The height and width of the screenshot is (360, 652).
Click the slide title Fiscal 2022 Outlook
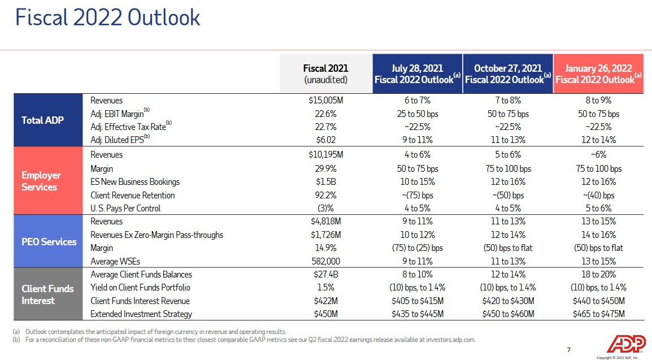click(x=108, y=18)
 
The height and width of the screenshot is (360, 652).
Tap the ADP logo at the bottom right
click(x=625, y=344)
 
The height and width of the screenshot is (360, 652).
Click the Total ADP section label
click(x=42, y=120)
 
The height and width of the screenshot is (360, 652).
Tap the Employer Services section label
click(x=41, y=181)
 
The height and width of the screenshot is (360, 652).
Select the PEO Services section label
click(x=49, y=241)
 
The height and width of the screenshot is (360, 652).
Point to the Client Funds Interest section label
click(x=47, y=294)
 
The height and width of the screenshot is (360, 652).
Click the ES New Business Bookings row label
click(x=135, y=182)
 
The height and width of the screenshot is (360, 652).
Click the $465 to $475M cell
click(x=598, y=314)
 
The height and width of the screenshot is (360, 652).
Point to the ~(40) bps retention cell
click(x=598, y=195)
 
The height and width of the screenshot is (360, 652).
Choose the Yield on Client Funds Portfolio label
click(x=140, y=288)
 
